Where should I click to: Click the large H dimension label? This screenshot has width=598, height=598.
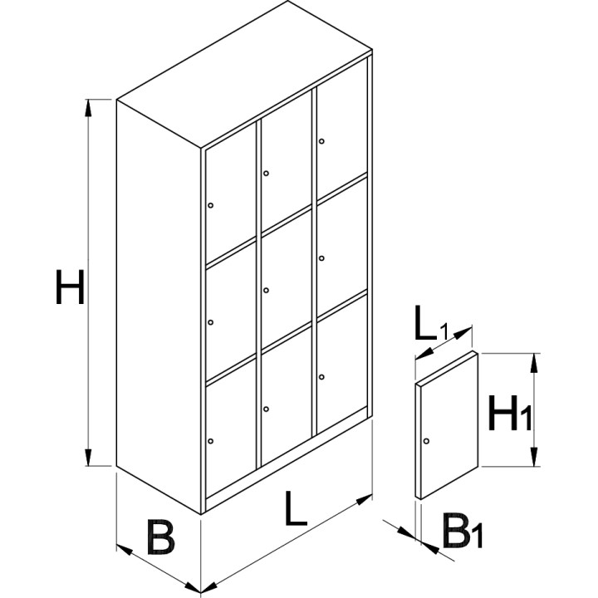(70, 287)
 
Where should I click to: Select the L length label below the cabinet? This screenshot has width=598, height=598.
(296, 508)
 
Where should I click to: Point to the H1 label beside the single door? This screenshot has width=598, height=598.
(509, 413)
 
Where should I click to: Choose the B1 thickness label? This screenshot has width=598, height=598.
(463, 531)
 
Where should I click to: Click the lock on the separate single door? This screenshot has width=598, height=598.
(426, 441)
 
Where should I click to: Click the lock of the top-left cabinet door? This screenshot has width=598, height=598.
(210, 205)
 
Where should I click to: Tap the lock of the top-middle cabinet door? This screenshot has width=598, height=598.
(267, 173)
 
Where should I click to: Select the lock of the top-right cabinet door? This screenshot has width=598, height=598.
(321, 141)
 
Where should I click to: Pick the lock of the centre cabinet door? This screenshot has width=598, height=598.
(267, 290)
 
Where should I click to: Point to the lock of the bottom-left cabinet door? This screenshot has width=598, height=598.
(210, 441)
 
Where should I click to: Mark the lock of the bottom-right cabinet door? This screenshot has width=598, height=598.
(321, 377)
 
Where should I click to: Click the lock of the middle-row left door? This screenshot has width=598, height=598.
(210, 322)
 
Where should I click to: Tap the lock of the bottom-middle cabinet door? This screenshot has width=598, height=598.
(267, 409)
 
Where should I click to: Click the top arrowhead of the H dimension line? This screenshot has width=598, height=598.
(88, 107)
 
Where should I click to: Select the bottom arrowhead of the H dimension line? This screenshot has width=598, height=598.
(88, 458)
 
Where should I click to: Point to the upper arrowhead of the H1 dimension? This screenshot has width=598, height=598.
(534, 362)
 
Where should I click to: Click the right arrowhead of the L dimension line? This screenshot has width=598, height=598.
(365, 499)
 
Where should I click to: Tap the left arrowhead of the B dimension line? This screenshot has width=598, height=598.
(125, 550)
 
